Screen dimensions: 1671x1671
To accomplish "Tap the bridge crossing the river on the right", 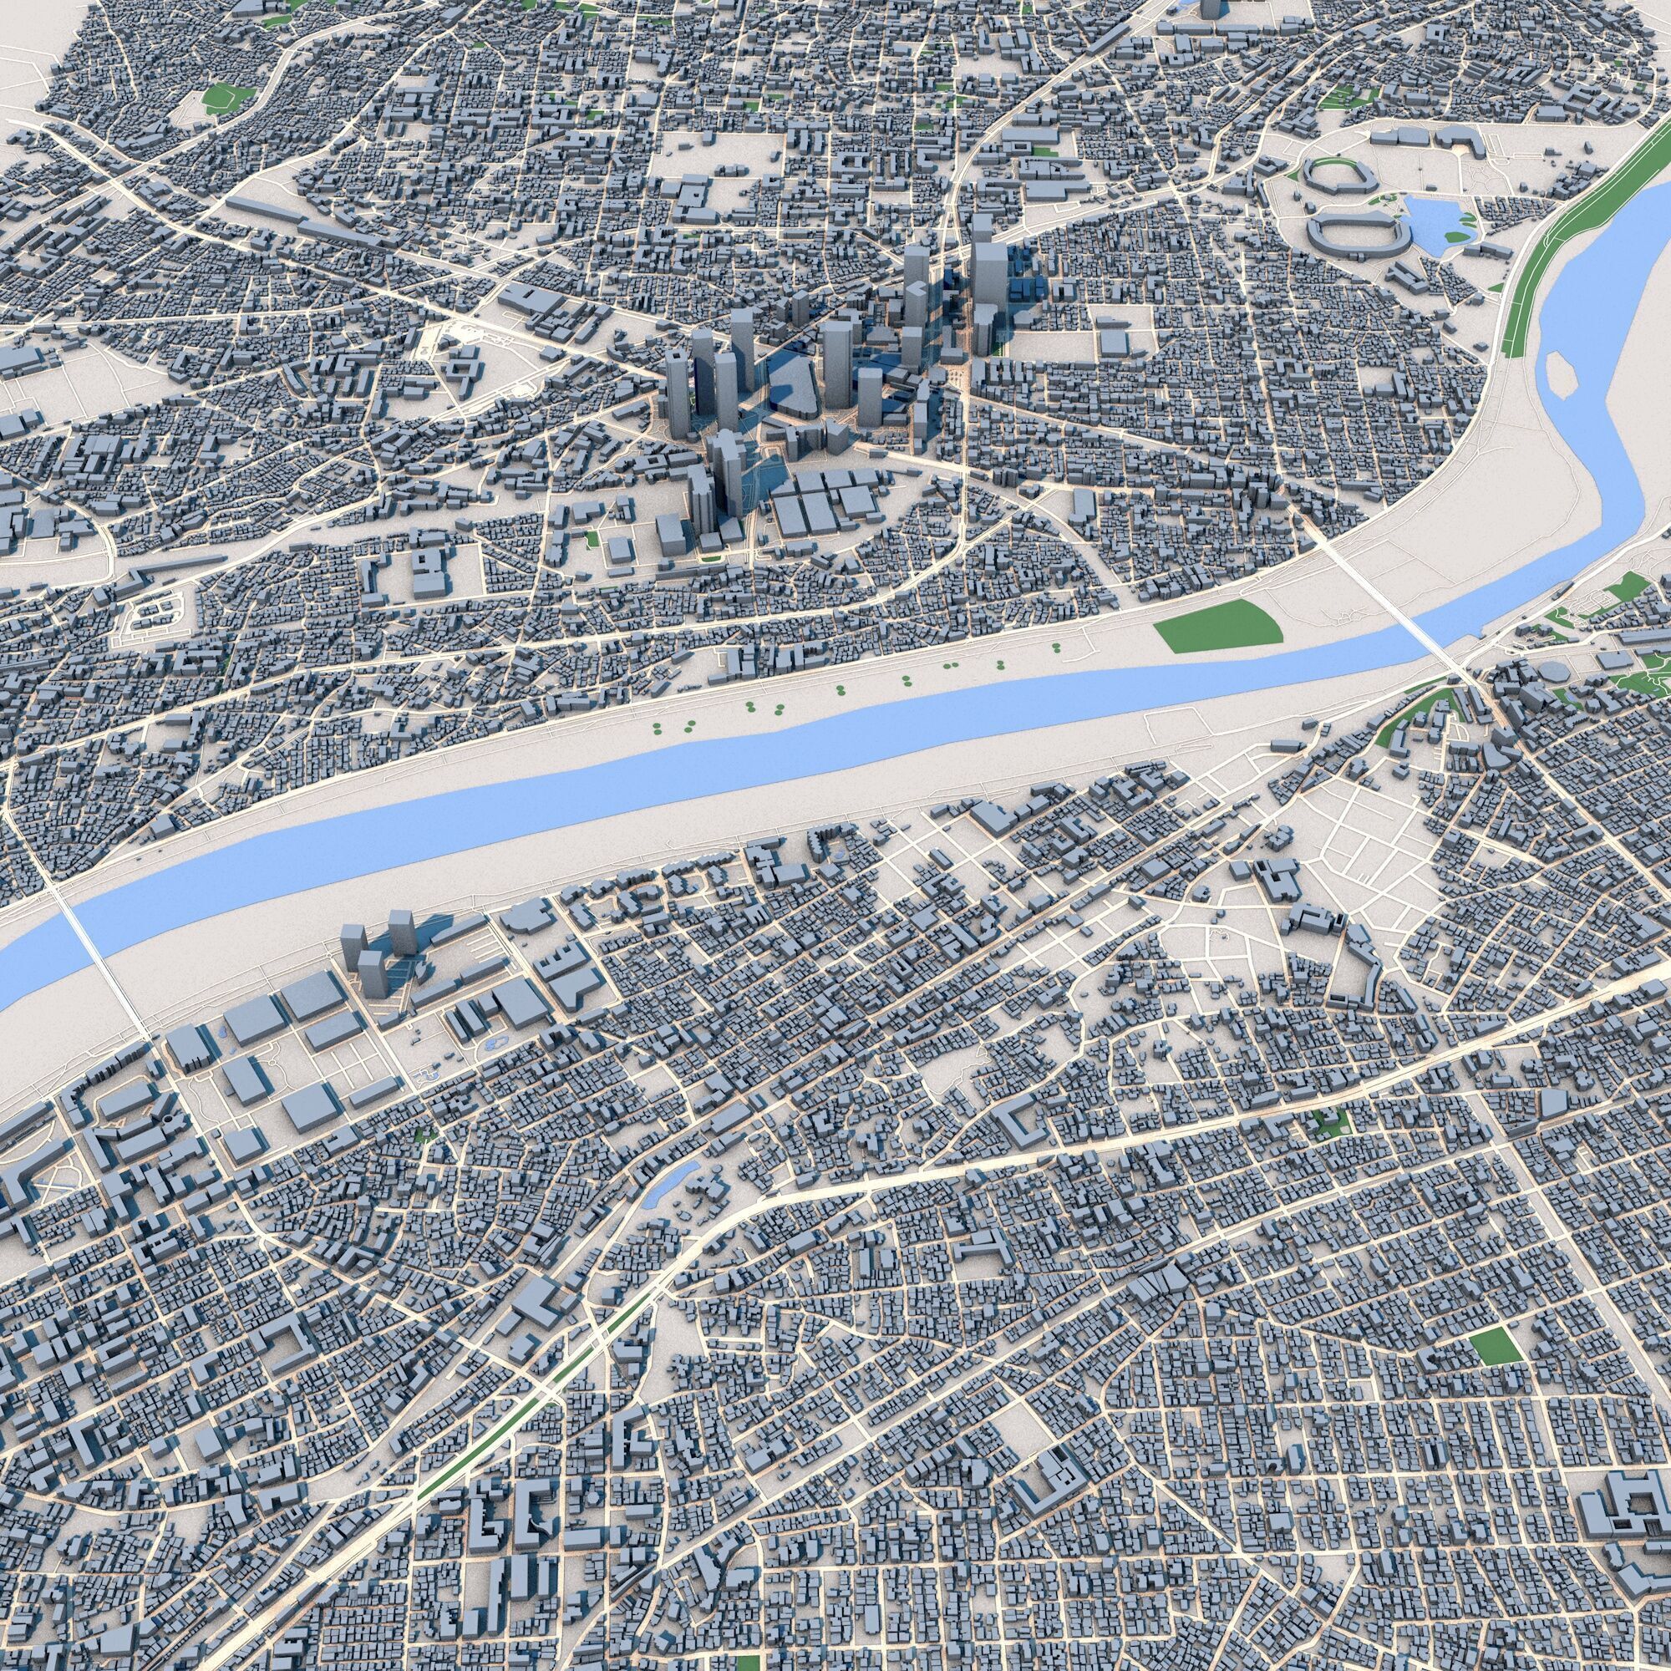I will (1393, 607).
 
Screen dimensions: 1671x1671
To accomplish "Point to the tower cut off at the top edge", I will (1209, 8).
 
